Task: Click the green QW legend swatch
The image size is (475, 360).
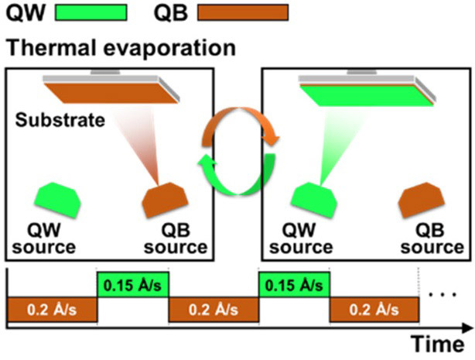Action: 91,12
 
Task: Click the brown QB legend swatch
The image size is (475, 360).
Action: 243,12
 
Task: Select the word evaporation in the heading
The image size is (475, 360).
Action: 169,49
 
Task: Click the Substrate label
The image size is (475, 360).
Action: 60,120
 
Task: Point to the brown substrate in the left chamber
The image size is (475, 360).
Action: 111,93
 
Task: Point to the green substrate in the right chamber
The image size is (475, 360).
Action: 367,96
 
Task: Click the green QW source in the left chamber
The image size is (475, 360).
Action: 58,200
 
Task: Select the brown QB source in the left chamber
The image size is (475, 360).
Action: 165,200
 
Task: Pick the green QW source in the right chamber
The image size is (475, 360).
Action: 314,200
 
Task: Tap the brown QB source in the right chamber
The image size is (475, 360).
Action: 422,200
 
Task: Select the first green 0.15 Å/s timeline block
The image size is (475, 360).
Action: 133,285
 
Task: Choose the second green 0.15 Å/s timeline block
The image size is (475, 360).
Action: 294,285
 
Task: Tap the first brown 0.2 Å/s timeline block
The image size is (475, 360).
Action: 52,310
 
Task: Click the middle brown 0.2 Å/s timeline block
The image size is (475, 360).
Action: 214,310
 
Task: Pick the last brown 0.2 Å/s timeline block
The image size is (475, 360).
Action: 374,310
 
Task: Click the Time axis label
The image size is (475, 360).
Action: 438,345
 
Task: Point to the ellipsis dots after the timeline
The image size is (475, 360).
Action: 443,294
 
